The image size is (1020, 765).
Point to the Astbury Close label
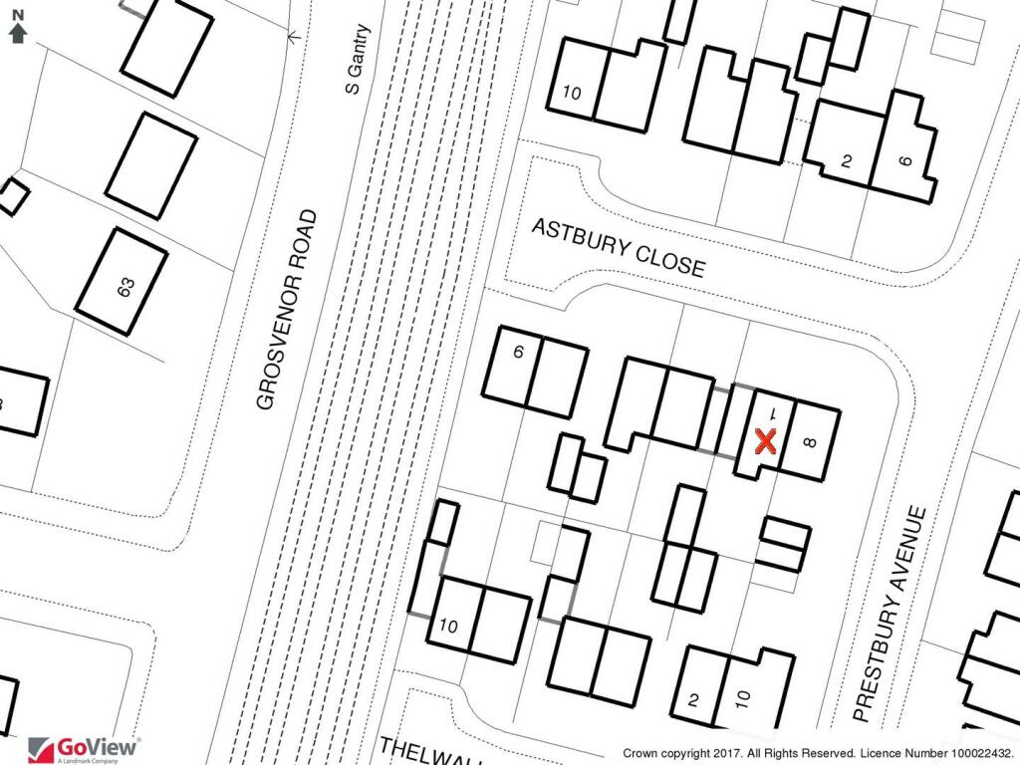click(x=618, y=248)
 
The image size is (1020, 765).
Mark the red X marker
click(x=765, y=441)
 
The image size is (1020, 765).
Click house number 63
click(x=126, y=288)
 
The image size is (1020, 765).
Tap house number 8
click(x=808, y=443)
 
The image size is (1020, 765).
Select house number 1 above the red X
click(x=771, y=411)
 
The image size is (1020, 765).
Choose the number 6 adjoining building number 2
click(x=905, y=159)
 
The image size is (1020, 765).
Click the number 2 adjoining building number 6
click(x=846, y=161)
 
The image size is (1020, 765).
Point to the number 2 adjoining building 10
click(x=694, y=700)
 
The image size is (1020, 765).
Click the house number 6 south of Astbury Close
click(x=518, y=352)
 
